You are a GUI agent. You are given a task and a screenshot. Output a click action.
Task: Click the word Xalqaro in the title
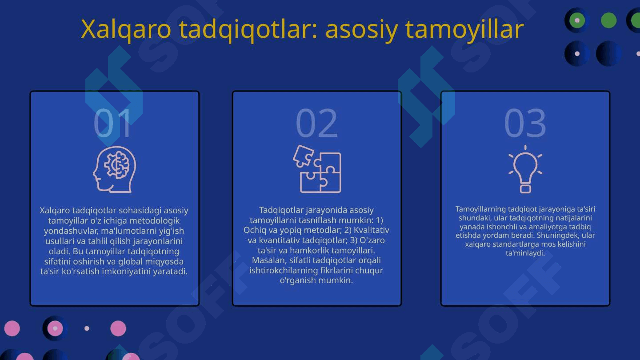(126, 29)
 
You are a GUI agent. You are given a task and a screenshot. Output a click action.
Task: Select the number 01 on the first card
(112, 123)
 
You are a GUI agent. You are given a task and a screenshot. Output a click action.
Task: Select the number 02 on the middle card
(316, 123)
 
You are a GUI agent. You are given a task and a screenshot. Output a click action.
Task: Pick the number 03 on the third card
(525, 123)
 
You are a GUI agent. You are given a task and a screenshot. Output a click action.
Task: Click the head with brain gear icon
(114, 169)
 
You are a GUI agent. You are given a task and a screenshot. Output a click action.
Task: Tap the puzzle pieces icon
(317, 169)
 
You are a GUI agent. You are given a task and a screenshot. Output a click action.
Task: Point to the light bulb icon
(525, 169)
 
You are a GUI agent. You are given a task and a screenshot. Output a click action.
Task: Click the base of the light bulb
(525, 189)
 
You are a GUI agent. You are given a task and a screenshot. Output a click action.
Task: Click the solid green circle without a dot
(608, 20)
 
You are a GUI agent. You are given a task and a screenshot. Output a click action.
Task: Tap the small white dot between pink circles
(87, 328)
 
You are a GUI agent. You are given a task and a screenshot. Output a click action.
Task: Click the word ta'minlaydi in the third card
(525, 253)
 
